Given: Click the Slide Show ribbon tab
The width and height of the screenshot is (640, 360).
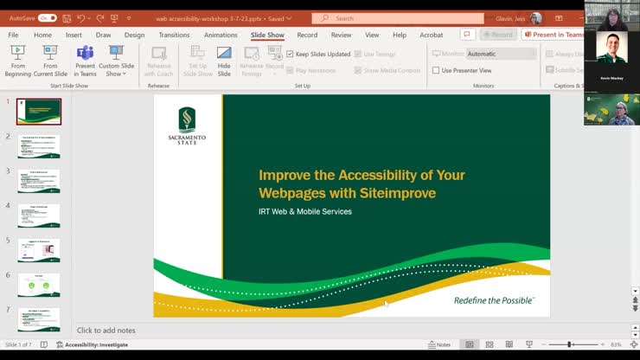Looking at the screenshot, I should [x=267, y=35].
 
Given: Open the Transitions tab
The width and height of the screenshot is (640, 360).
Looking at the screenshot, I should [x=174, y=35].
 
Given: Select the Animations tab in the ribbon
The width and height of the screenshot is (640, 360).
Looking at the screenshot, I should [x=221, y=35].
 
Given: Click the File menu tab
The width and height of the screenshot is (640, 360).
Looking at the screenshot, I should [x=13, y=35].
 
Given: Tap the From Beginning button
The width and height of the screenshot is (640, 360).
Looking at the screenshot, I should [x=17, y=61].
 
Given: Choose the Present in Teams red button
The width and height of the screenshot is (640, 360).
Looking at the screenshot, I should [x=557, y=35].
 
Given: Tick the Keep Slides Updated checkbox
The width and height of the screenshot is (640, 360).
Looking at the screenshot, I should [x=290, y=54].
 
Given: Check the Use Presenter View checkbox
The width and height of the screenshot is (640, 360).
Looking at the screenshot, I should [x=436, y=70].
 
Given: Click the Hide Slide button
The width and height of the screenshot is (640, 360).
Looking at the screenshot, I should [x=224, y=61].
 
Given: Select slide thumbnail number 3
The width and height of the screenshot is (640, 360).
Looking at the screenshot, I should [x=39, y=180].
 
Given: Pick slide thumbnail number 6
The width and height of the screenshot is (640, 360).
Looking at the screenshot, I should [x=39, y=284].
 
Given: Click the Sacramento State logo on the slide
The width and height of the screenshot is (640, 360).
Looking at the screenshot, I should [x=188, y=125].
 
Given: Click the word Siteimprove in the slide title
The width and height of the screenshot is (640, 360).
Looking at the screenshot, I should [x=396, y=193].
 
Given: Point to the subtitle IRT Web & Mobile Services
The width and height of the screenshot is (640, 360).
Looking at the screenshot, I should [x=305, y=212].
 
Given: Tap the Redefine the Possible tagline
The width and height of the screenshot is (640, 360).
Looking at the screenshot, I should [x=494, y=300].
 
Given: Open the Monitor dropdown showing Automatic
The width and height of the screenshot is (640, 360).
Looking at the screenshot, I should [x=501, y=54].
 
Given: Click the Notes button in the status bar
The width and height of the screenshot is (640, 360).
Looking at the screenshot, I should [x=439, y=344].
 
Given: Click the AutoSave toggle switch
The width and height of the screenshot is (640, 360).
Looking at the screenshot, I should [x=48, y=17].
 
